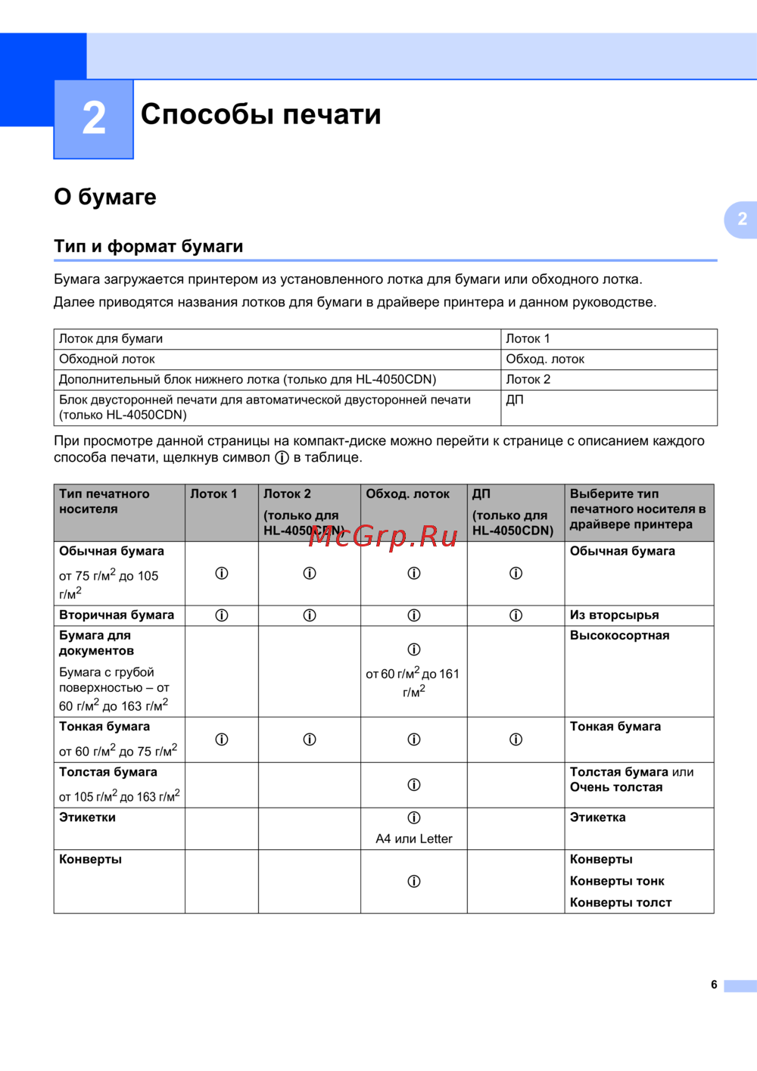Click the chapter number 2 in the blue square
tap(94, 119)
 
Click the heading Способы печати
tap(260, 114)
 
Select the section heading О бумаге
tap(105, 197)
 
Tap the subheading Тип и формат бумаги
tap(148, 246)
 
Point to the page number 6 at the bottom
tap(714, 985)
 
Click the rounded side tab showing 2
tap(742, 219)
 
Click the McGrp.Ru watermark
tap(383, 536)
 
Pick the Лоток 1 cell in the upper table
tap(528, 339)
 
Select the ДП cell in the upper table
tap(515, 400)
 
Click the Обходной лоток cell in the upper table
tap(107, 360)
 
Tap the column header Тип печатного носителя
tap(104, 502)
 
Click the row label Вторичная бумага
tap(117, 615)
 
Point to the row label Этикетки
tap(88, 817)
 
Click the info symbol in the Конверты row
tap(414, 881)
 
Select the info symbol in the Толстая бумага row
tap(414, 785)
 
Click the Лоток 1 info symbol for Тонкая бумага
tap(222, 739)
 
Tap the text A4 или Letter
tap(414, 839)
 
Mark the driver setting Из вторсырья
tap(615, 615)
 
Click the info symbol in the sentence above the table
tap(282, 458)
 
